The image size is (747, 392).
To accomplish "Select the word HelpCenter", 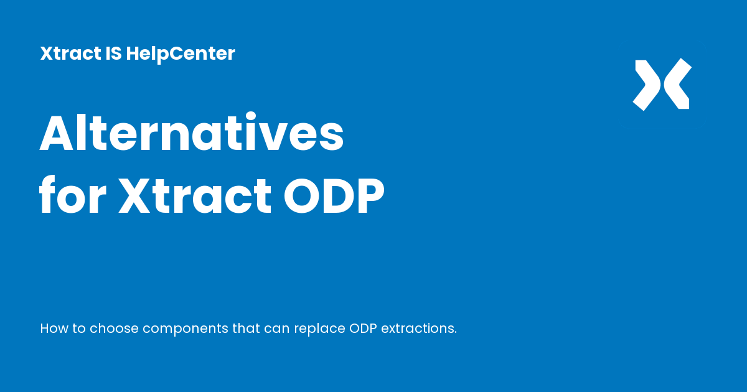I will [x=181, y=54].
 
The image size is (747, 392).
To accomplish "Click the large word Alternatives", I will [x=192, y=136].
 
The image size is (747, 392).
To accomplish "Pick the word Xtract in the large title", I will [x=195, y=197].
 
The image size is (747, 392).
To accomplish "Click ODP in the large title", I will [x=334, y=197].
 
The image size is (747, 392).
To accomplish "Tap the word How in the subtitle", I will [x=54, y=328].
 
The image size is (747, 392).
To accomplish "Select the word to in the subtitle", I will [x=79, y=328].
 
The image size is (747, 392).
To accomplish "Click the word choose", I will [x=114, y=328].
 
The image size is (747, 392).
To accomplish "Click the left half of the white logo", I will [x=646, y=85].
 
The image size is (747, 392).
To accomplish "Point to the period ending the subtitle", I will [x=455, y=332].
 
